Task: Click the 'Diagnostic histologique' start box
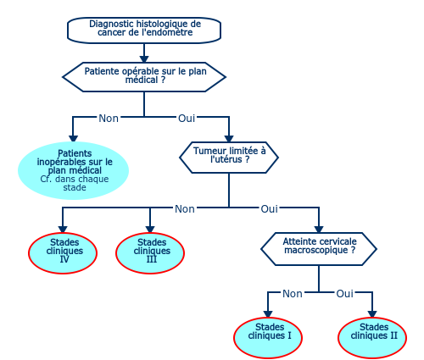(144, 30)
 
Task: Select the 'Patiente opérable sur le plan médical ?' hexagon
(144, 77)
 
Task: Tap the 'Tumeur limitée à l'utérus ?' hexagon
(229, 158)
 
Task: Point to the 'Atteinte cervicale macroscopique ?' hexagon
(319, 249)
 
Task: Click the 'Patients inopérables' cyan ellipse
(73, 170)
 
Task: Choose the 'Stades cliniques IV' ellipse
(63, 253)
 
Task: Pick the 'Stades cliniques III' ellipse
(150, 253)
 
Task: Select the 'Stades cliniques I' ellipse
(268, 338)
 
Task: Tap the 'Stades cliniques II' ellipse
(372, 338)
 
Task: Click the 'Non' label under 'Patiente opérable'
(109, 119)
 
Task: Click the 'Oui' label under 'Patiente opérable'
(187, 119)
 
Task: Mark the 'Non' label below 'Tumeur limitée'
(185, 209)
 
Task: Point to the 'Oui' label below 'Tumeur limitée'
(270, 209)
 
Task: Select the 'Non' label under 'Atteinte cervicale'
(293, 294)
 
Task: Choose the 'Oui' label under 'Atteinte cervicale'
(345, 294)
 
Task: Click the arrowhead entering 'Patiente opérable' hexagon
(144, 58)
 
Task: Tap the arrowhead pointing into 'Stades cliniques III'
(150, 229)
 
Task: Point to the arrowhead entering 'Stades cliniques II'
(372, 314)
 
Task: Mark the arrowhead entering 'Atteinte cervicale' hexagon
(319, 229)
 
